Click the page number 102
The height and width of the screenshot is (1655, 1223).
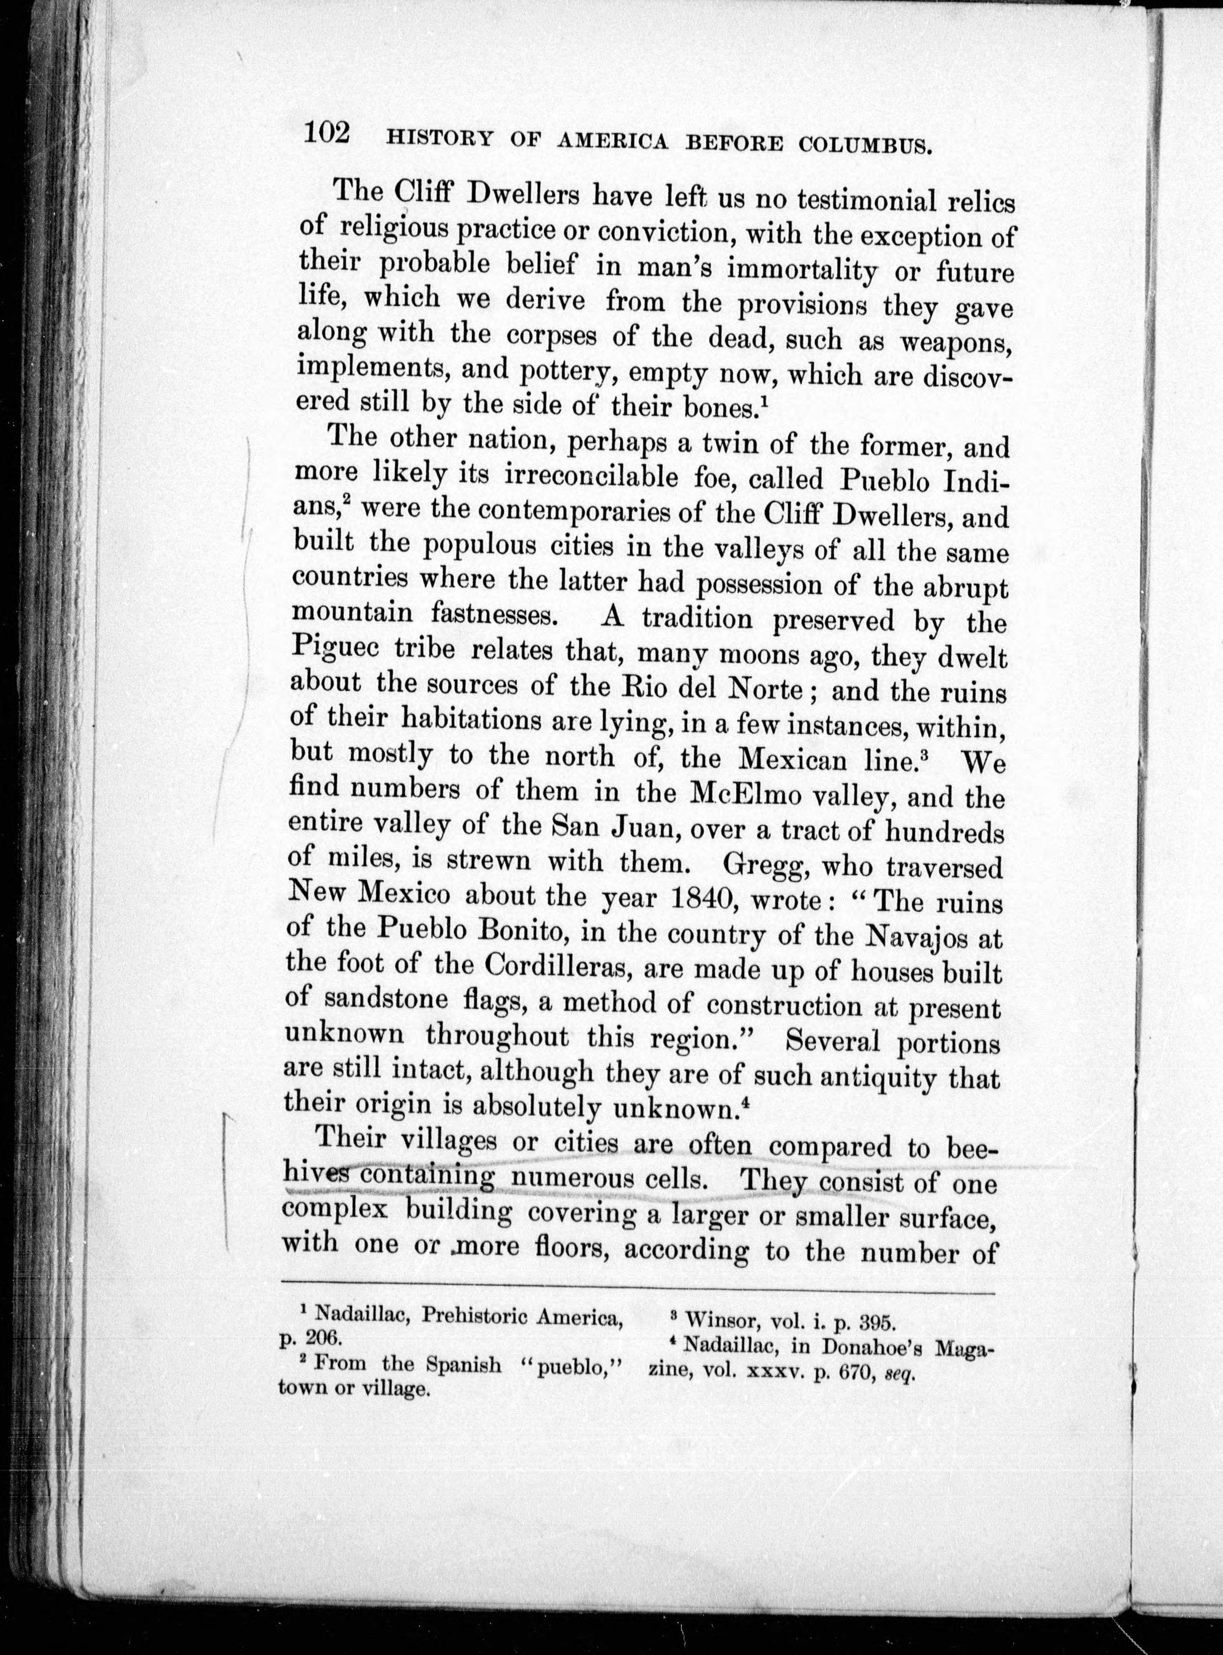[326, 134]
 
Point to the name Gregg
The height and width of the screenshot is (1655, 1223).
[763, 865]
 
